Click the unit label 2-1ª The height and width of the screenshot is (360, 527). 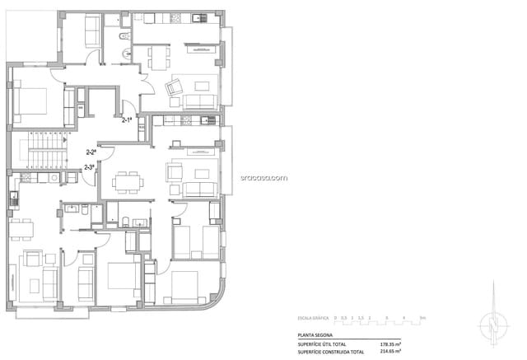pyautogui.click(x=128, y=120)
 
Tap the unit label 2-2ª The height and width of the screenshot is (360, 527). pyautogui.click(x=91, y=152)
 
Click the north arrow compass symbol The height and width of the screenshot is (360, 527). pyautogui.click(x=493, y=320)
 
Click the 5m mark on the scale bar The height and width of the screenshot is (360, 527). pyautogui.click(x=422, y=317)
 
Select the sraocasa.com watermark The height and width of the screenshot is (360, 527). pyautogui.click(x=263, y=176)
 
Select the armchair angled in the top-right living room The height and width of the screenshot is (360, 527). pyautogui.click(x=175, y=87)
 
